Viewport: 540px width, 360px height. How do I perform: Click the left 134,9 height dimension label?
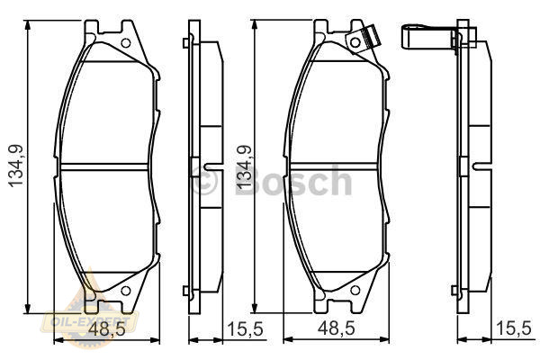[16, 166]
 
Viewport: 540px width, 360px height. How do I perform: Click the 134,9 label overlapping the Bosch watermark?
[244, 167]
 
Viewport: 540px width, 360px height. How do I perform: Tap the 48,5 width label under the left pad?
[107, 329]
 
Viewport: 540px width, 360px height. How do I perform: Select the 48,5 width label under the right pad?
[336, 328]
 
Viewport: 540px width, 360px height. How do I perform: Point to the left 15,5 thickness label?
[245, 329]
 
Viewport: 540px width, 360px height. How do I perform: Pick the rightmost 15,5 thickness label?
[513, 328]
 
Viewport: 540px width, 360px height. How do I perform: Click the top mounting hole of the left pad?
[126, 43]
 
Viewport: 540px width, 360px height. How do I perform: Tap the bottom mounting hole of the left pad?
[126, 291]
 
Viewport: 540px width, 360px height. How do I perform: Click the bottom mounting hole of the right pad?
[355, 290]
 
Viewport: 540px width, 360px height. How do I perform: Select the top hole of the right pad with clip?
[355, 42]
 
